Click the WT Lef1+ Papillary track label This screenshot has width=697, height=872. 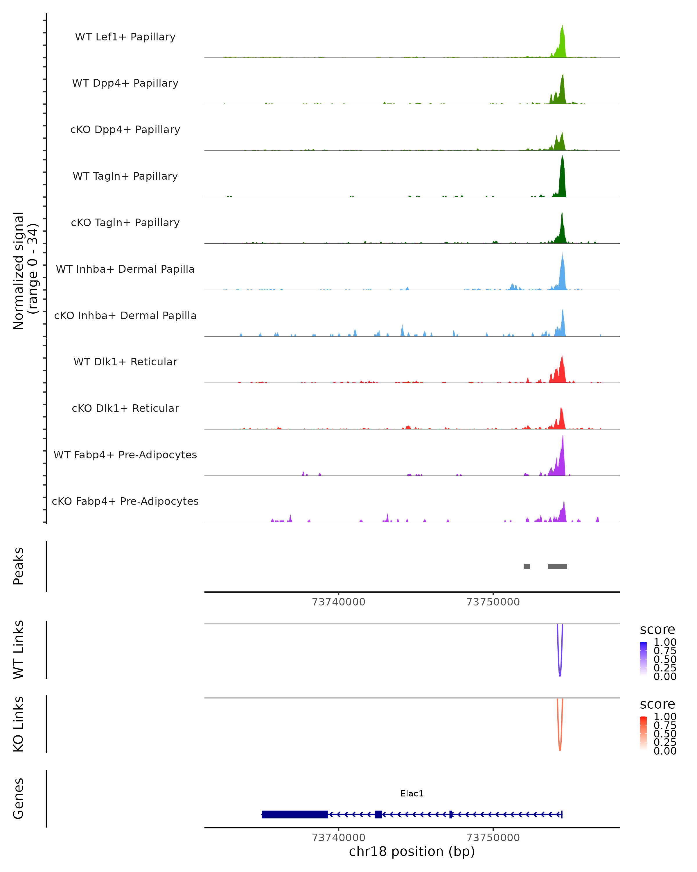125,37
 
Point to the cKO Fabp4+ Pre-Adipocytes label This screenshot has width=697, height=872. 125,501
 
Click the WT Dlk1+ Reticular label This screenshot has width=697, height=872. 125,362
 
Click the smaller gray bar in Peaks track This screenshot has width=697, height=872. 527,566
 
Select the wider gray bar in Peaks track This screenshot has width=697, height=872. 557,566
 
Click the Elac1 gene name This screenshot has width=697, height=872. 412,794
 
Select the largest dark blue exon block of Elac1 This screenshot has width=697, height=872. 294,814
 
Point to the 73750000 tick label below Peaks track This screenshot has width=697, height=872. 493,602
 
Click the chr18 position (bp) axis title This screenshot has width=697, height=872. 412,851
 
